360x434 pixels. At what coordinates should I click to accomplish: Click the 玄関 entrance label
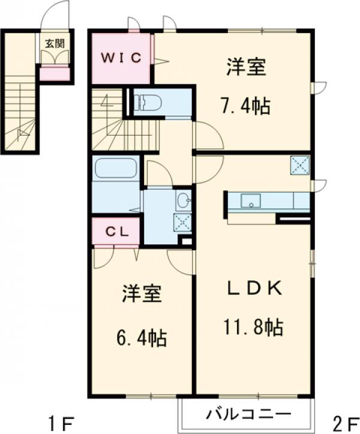click(55, 43)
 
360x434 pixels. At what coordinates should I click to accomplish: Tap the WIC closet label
click(121, 58)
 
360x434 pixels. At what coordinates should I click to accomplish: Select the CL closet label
click(118, 232)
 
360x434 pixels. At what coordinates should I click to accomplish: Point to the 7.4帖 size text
click(245, 106)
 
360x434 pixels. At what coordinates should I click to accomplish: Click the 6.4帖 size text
click(142, 338)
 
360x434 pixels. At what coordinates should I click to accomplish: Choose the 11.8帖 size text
click(253, 327)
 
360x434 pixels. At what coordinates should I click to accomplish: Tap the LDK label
click(254, 288)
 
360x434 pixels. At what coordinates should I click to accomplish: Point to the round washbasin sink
click(183, 199)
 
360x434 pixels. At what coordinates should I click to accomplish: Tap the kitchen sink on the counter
click(251, 200)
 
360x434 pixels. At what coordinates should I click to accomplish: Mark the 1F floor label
click(61, 423)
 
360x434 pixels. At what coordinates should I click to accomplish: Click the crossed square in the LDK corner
click(299, 166)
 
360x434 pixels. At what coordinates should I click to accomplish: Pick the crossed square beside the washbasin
click(182, 222)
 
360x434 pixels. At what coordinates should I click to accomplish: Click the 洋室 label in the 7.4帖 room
click(246, 67)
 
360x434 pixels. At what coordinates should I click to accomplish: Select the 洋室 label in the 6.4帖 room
click(142, 294)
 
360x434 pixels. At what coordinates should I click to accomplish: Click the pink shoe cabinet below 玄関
click(54, 74)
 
